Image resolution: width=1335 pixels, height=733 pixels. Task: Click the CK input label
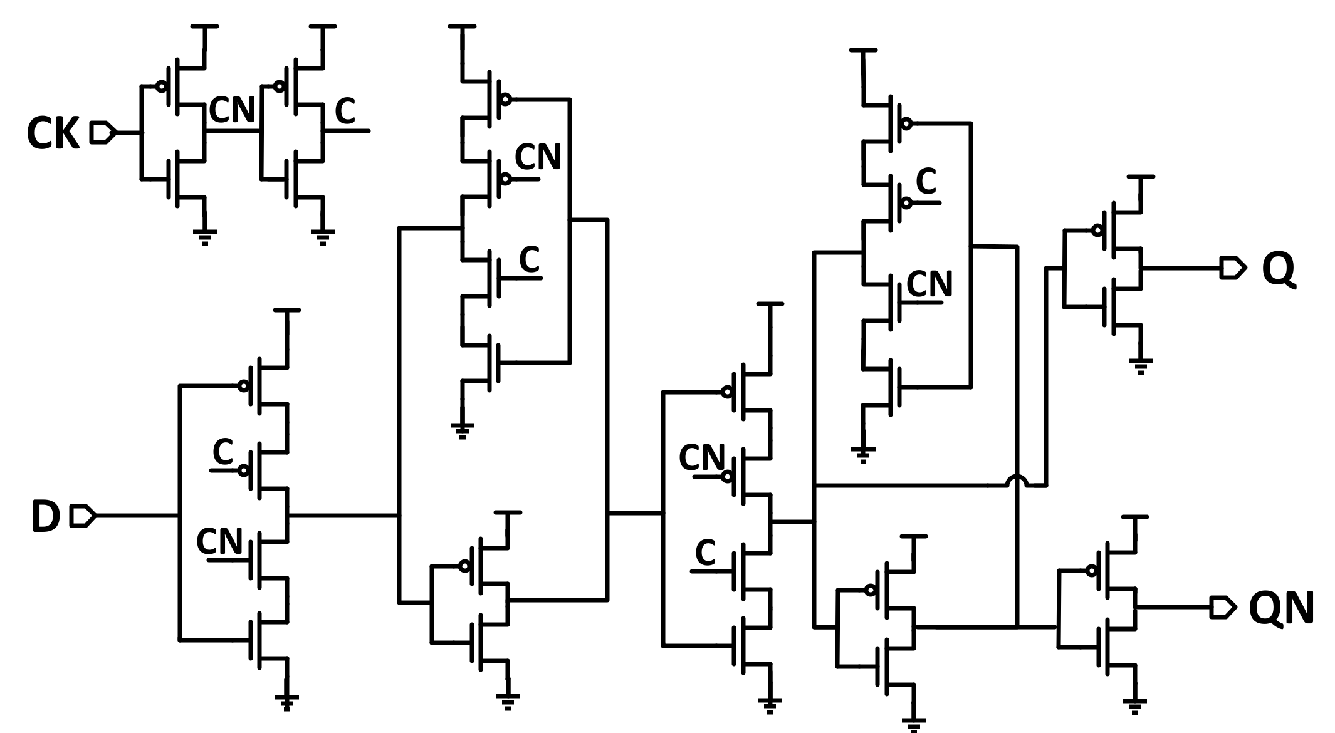click(x=53, y=134)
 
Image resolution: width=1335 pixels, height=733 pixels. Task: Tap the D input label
click(x=45, y=517)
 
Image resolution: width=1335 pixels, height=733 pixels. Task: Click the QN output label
click(x=1281, y=608)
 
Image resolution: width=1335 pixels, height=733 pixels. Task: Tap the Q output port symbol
click(x=1232, y=268)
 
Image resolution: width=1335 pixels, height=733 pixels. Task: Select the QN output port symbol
click(x=1223, y=607)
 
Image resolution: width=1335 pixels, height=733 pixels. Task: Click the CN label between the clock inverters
click(x=232, y=110)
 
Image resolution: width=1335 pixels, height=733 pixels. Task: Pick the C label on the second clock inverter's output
click(x=345, y=112)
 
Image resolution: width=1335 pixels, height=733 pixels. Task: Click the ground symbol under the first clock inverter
click(x=204, y=237)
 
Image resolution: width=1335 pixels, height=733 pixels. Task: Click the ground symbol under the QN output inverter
click(x=1135, y=706)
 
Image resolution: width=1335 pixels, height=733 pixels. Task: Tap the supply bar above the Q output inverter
click(x=1141, y=177)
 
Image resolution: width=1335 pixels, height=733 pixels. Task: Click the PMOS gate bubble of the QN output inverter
click(x=1091, y=571)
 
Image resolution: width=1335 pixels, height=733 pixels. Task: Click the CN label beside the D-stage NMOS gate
click(x=219, y=541)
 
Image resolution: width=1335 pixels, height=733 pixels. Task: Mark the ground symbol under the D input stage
click(x=286, y=702)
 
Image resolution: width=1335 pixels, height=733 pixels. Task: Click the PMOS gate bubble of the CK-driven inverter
click(x=162, y=86)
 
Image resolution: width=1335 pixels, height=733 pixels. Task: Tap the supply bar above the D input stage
click(x=287, y=310)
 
